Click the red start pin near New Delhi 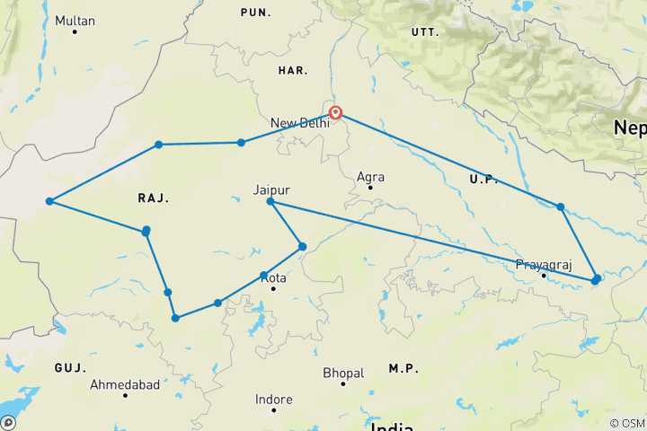click(x=336, y=113)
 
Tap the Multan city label click(x=75, y=20)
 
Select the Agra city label click(x=370, y=177)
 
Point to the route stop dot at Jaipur click(x=270, y=202)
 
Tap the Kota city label click(x=273, y=278)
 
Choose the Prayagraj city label click(x=543, y=265)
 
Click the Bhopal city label click(x=343, y=373)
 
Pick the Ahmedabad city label click(x=125, y=384)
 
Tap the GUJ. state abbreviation click(x=69, y=368)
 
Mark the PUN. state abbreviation click(x=256, y=12)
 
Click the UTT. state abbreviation click(x=424, y=31)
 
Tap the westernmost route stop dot click(x=50, y=201)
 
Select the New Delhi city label click(x=300, y=122)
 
